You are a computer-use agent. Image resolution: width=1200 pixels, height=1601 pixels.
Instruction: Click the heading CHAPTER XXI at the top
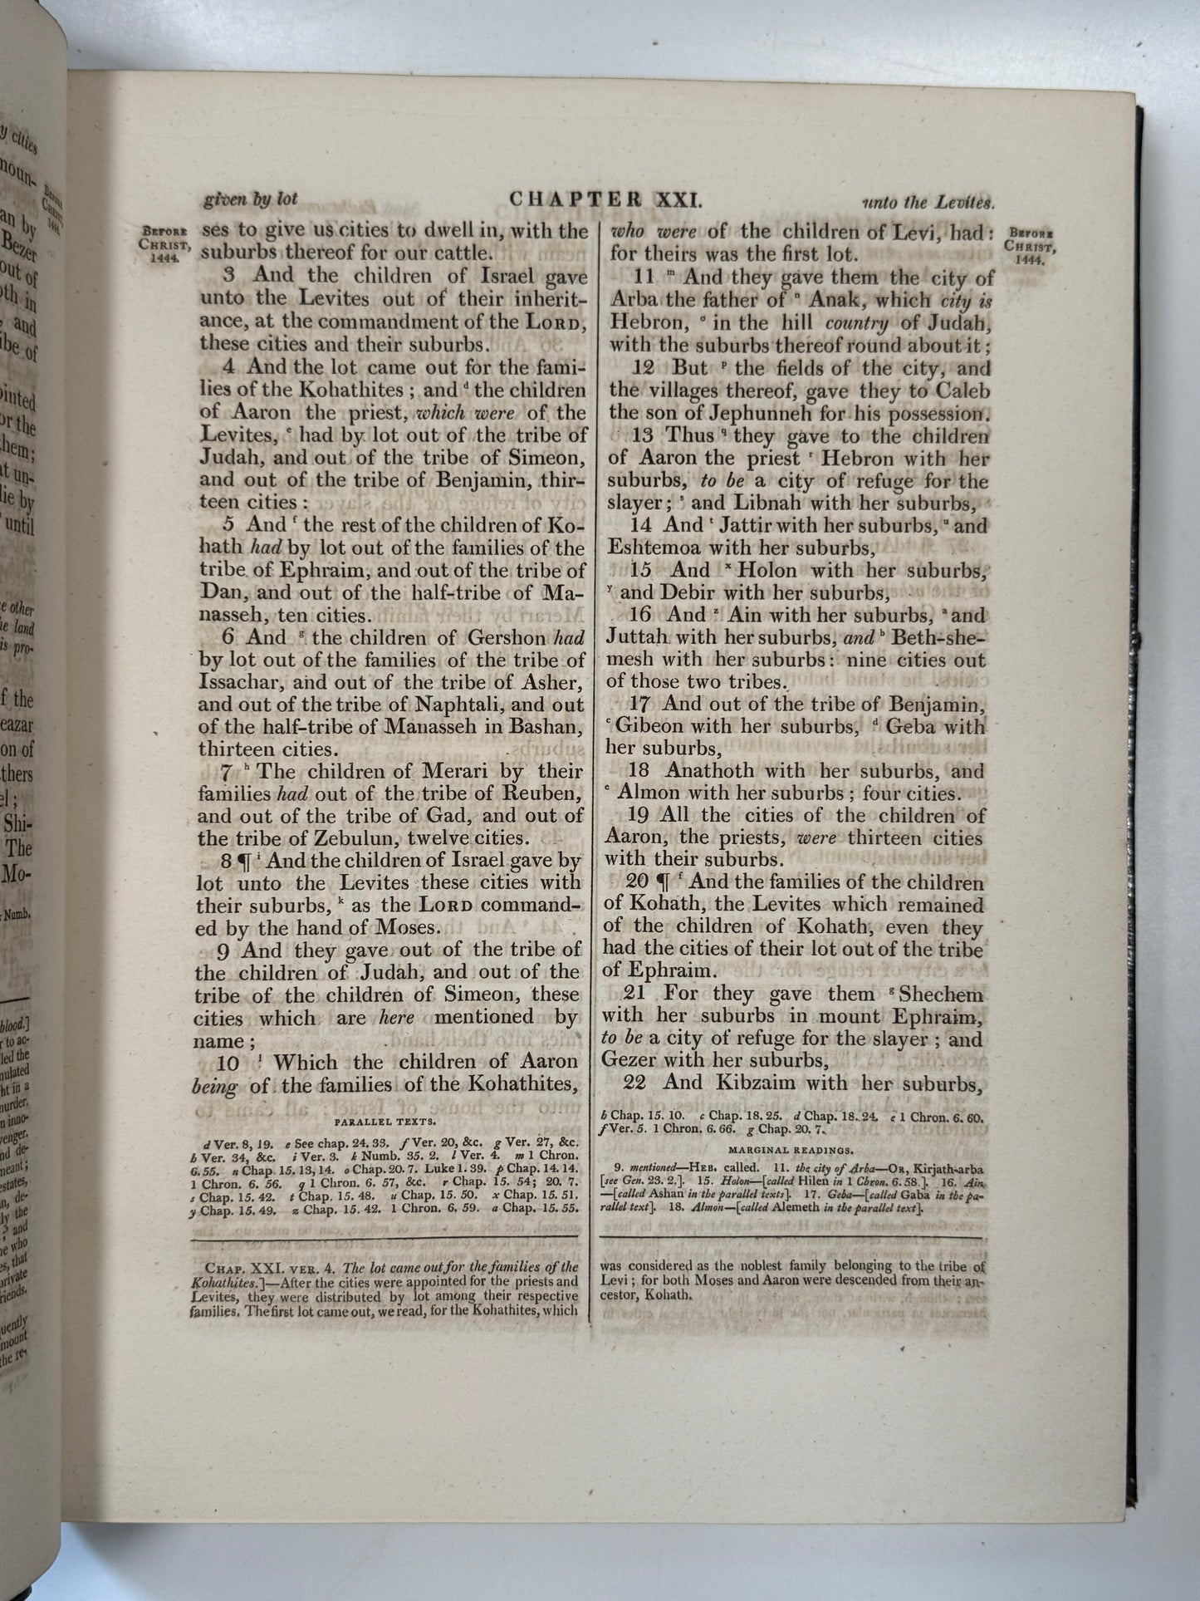605,200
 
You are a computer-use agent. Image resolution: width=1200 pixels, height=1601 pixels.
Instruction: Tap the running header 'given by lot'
250,199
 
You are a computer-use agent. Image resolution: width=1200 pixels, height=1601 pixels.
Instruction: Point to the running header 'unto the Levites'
928,202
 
